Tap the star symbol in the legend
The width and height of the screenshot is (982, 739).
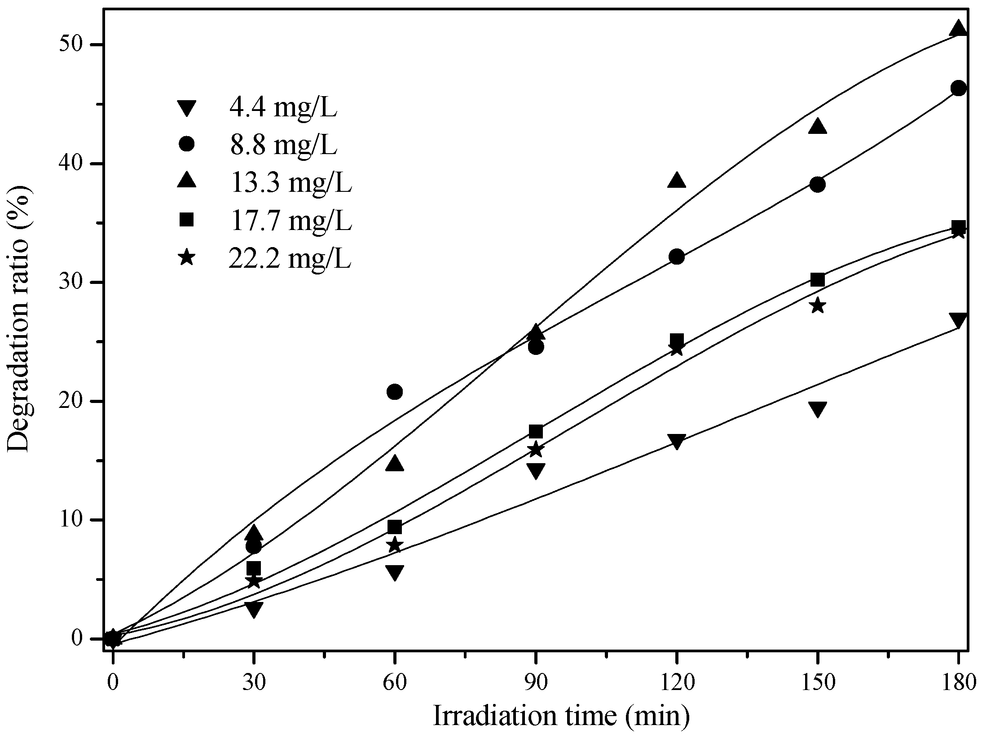[186, 258]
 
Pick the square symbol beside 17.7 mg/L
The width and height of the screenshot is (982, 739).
[186, 220]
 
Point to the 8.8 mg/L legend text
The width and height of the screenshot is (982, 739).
[283, 145]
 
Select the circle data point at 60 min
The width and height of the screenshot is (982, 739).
[394, 392]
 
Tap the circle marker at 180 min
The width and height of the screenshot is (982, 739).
[958, 88]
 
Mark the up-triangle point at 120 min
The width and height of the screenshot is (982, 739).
[677, 180]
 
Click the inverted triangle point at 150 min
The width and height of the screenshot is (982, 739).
[818, 409]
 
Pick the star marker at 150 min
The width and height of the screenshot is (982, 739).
[818, 306]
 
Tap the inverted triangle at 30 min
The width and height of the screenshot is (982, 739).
[254, 610]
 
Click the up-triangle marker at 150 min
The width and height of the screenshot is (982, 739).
[818, 127]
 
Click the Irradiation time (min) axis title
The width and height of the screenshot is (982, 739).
[561, 716]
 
